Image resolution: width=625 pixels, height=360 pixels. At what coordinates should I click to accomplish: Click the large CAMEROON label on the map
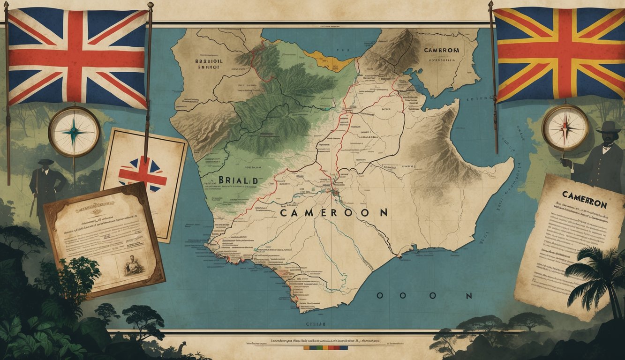pyautogui.click(x=334, y=212)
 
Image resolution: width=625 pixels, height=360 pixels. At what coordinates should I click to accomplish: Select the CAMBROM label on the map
pyautogui.click(x=441, y=50)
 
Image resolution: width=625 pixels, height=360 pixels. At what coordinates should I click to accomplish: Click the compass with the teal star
pyautogui.click(x=74, y=131)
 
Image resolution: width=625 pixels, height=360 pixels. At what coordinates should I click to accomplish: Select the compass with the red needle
pyautogui.click(x=565, y=127)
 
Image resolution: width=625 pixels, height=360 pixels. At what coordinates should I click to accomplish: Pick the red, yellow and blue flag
pyautogui.click(x=559, y=54)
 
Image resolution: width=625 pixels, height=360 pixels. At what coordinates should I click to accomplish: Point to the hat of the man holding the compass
pyautogui.click(x=610, y=127)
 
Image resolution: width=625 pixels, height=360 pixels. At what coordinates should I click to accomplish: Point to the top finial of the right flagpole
pyautogui.click(x=491, y=5)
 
